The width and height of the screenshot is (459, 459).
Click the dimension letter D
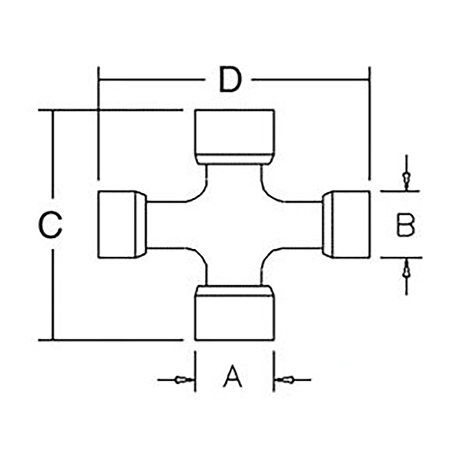tap(229, 79)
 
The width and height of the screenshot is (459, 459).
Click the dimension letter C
tap(50, 225)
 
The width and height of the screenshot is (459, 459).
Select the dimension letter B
tap(406, 225)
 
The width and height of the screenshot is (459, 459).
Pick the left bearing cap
tap(118, 225)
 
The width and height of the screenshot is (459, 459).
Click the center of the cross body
tap(234, 225)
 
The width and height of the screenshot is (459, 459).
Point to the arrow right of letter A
tap(287, 380)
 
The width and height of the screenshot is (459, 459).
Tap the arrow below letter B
tap(406, 272)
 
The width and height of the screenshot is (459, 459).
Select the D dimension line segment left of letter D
tap(151, 79)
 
